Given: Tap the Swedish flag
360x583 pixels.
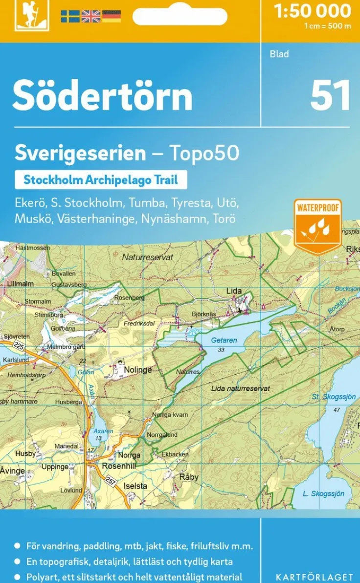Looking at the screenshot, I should (70, 16).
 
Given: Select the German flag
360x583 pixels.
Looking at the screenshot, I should (112, 16).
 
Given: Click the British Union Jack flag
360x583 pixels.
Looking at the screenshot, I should (90, 16).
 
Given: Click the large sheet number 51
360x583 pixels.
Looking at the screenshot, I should (330, 95).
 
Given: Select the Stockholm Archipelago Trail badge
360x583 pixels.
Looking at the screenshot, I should (100, 179).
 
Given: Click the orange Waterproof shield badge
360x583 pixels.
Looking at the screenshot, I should (317, 225).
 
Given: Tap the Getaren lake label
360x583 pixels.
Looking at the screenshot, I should (224, 340).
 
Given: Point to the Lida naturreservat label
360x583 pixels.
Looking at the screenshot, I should (241, 388).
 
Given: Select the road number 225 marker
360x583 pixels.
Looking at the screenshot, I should (19, 346).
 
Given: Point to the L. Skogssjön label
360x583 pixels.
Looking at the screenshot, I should (323, 493).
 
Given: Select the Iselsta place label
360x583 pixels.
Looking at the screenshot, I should (135, 486).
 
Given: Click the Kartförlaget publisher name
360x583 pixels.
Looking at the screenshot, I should (314, 578).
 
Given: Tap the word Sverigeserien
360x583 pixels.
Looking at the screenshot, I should (80, 153).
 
